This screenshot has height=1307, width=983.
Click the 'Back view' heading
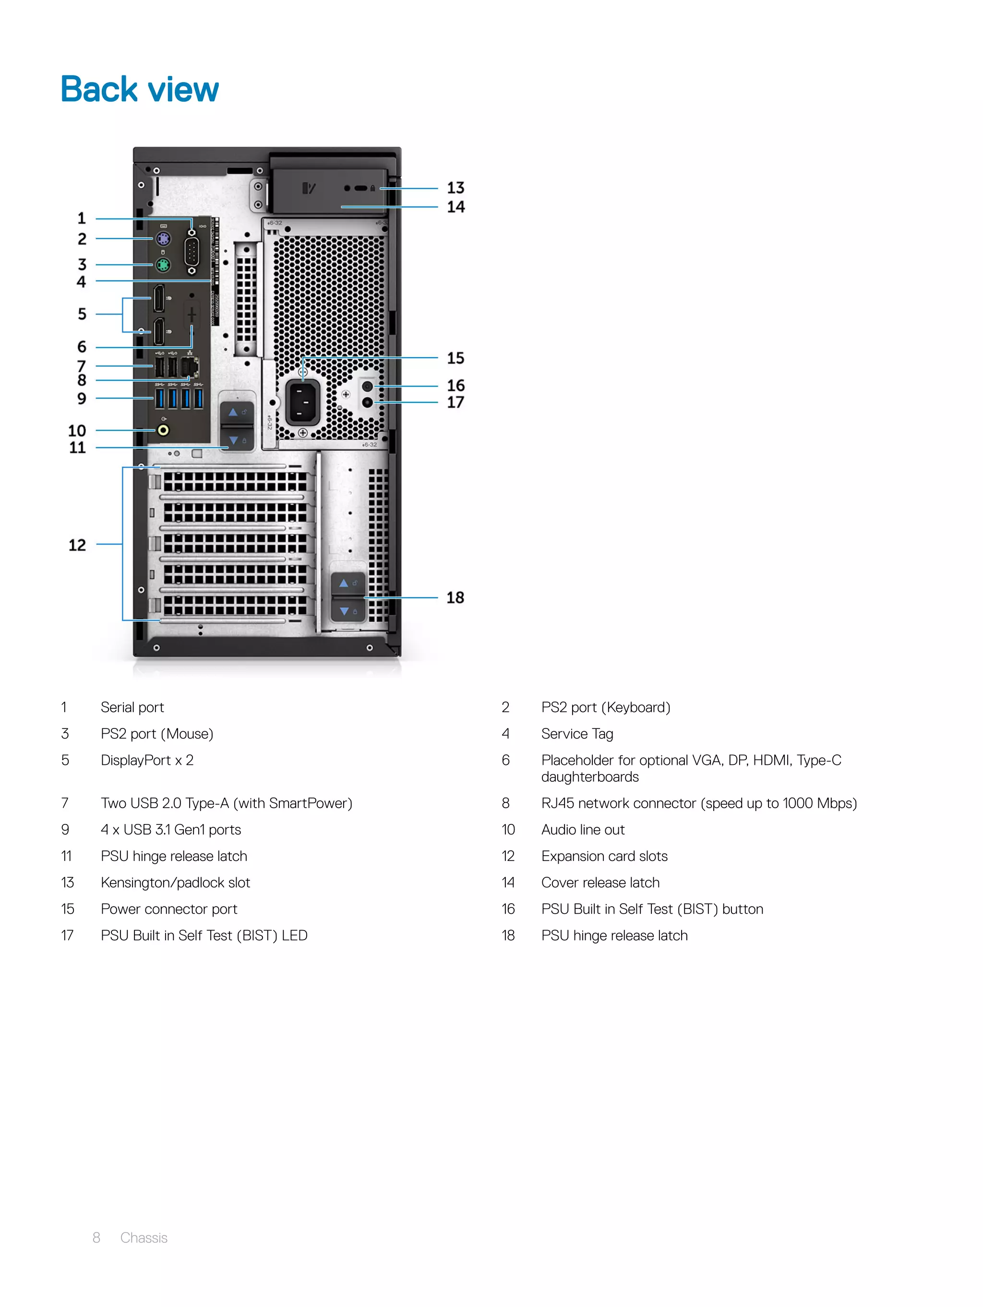pyautogui.click(x=139, y=90)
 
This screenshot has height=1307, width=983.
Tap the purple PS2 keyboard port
pyautogui.click(x=163, y=239)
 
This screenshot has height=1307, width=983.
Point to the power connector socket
pyautogui.click(x=302, y=402)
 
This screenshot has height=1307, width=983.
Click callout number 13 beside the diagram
pyautogui.click(x=456, y=188)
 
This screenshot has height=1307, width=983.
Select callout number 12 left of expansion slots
pyautogui.click(x=77, y=545)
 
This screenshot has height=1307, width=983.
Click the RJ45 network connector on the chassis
pyautogui.click(x=189, y=367)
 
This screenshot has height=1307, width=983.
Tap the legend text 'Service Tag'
pyautogui.click(x=577, y=734)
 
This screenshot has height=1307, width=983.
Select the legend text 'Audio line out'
pyautogui.click(x=583, y=830)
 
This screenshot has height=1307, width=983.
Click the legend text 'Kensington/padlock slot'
pyautogui.click(x=176, y=883)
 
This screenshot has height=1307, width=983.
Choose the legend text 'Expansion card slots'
pyautogui.click(x=604, y=857)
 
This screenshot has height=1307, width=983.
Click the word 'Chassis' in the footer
pyautogui.click(x=144, y=1238)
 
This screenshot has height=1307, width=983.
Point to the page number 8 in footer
pyautogui.click(x=96, y=1238)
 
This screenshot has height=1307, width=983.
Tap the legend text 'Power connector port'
pyautogui.click(x=169, y=909)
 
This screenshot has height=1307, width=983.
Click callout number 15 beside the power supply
pyautogui.click(x=456, y=358)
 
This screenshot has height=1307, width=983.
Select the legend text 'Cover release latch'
pyautogui.click(x=600, y=883)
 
